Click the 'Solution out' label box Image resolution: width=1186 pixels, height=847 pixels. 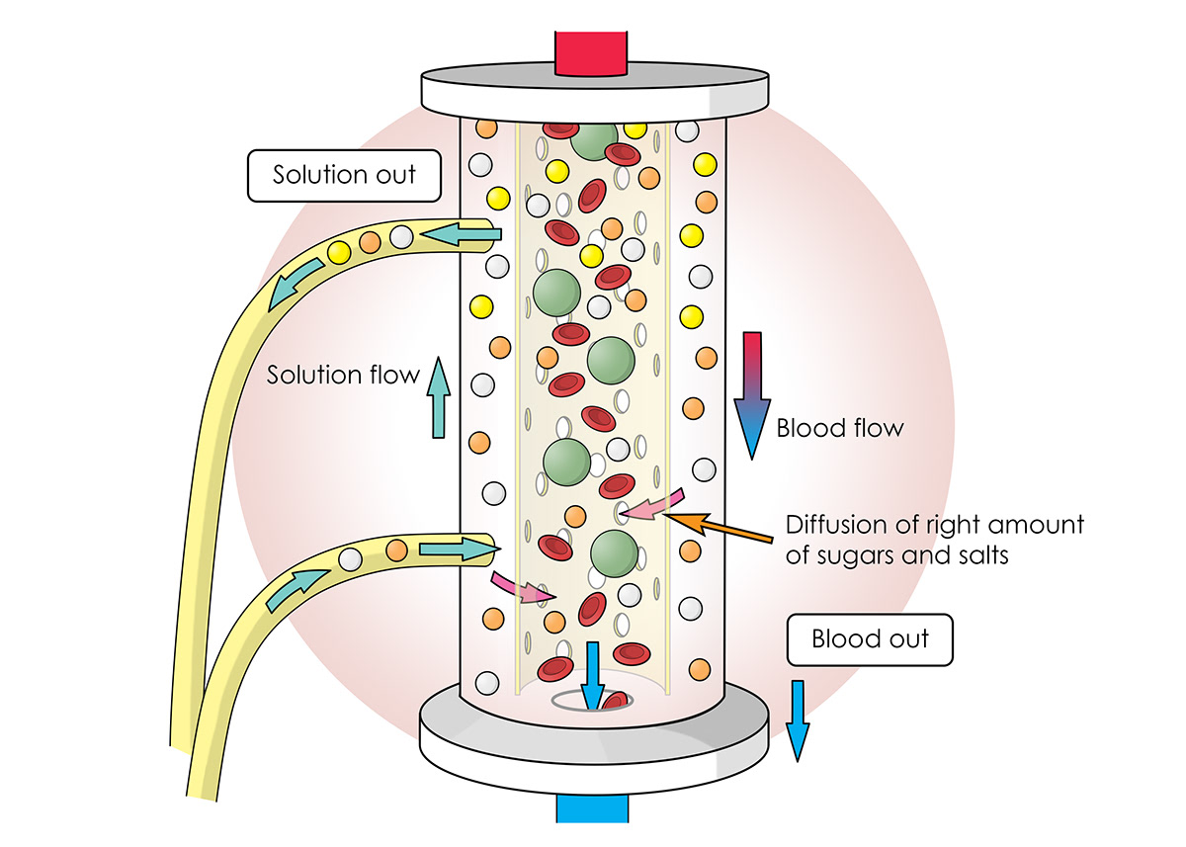344,176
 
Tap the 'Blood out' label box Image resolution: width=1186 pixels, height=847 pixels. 870,638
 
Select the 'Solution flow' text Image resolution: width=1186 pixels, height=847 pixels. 343,377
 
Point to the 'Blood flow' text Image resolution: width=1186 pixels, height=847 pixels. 839,428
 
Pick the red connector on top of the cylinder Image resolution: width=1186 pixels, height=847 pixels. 592,53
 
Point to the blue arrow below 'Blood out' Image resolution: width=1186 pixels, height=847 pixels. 798,720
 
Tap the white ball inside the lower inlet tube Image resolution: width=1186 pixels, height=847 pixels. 350,559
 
